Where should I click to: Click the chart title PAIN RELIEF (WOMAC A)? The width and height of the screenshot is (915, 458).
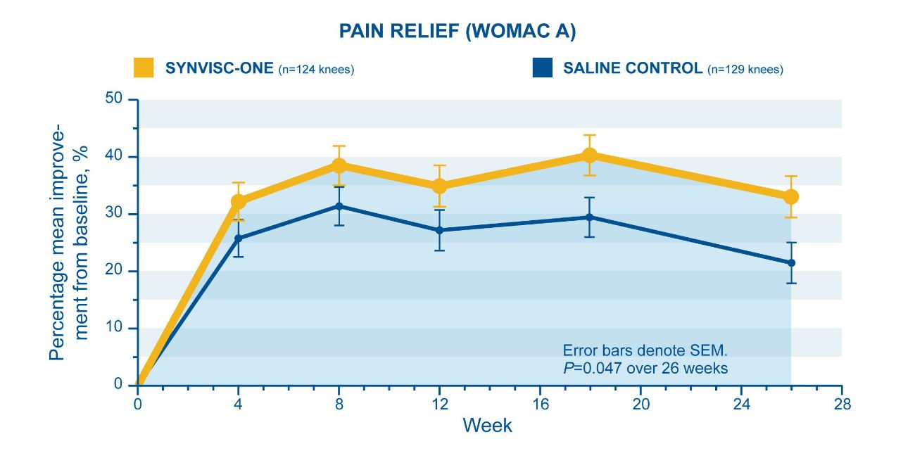[458, 31]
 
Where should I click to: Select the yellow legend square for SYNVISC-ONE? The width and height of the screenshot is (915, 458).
[144, 68]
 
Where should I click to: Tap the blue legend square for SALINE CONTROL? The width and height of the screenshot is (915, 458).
[542, 68]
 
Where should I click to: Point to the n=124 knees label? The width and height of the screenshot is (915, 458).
[316, 70]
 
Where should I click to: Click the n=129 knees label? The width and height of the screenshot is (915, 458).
[745, 70]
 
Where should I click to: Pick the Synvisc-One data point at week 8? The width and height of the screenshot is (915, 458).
[339, 165]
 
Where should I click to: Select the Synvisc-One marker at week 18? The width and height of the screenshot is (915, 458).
[590, 155]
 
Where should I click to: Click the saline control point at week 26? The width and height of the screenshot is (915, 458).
[791, 263]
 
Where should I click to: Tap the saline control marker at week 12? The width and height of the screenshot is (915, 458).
[440, 230]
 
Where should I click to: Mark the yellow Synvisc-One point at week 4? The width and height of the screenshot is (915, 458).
[239, 202]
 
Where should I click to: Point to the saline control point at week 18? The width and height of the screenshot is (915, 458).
[590, 217]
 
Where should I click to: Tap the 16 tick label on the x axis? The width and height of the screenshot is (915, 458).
[540, 405]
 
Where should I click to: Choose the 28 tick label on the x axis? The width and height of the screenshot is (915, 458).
[841, 405]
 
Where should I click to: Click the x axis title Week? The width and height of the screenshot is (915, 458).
[487, 426]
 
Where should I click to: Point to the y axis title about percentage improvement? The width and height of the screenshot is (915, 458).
[69, 243]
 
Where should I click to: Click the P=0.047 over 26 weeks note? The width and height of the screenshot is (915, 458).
[645, 368]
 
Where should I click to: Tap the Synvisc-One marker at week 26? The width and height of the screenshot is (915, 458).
[791, 196]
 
